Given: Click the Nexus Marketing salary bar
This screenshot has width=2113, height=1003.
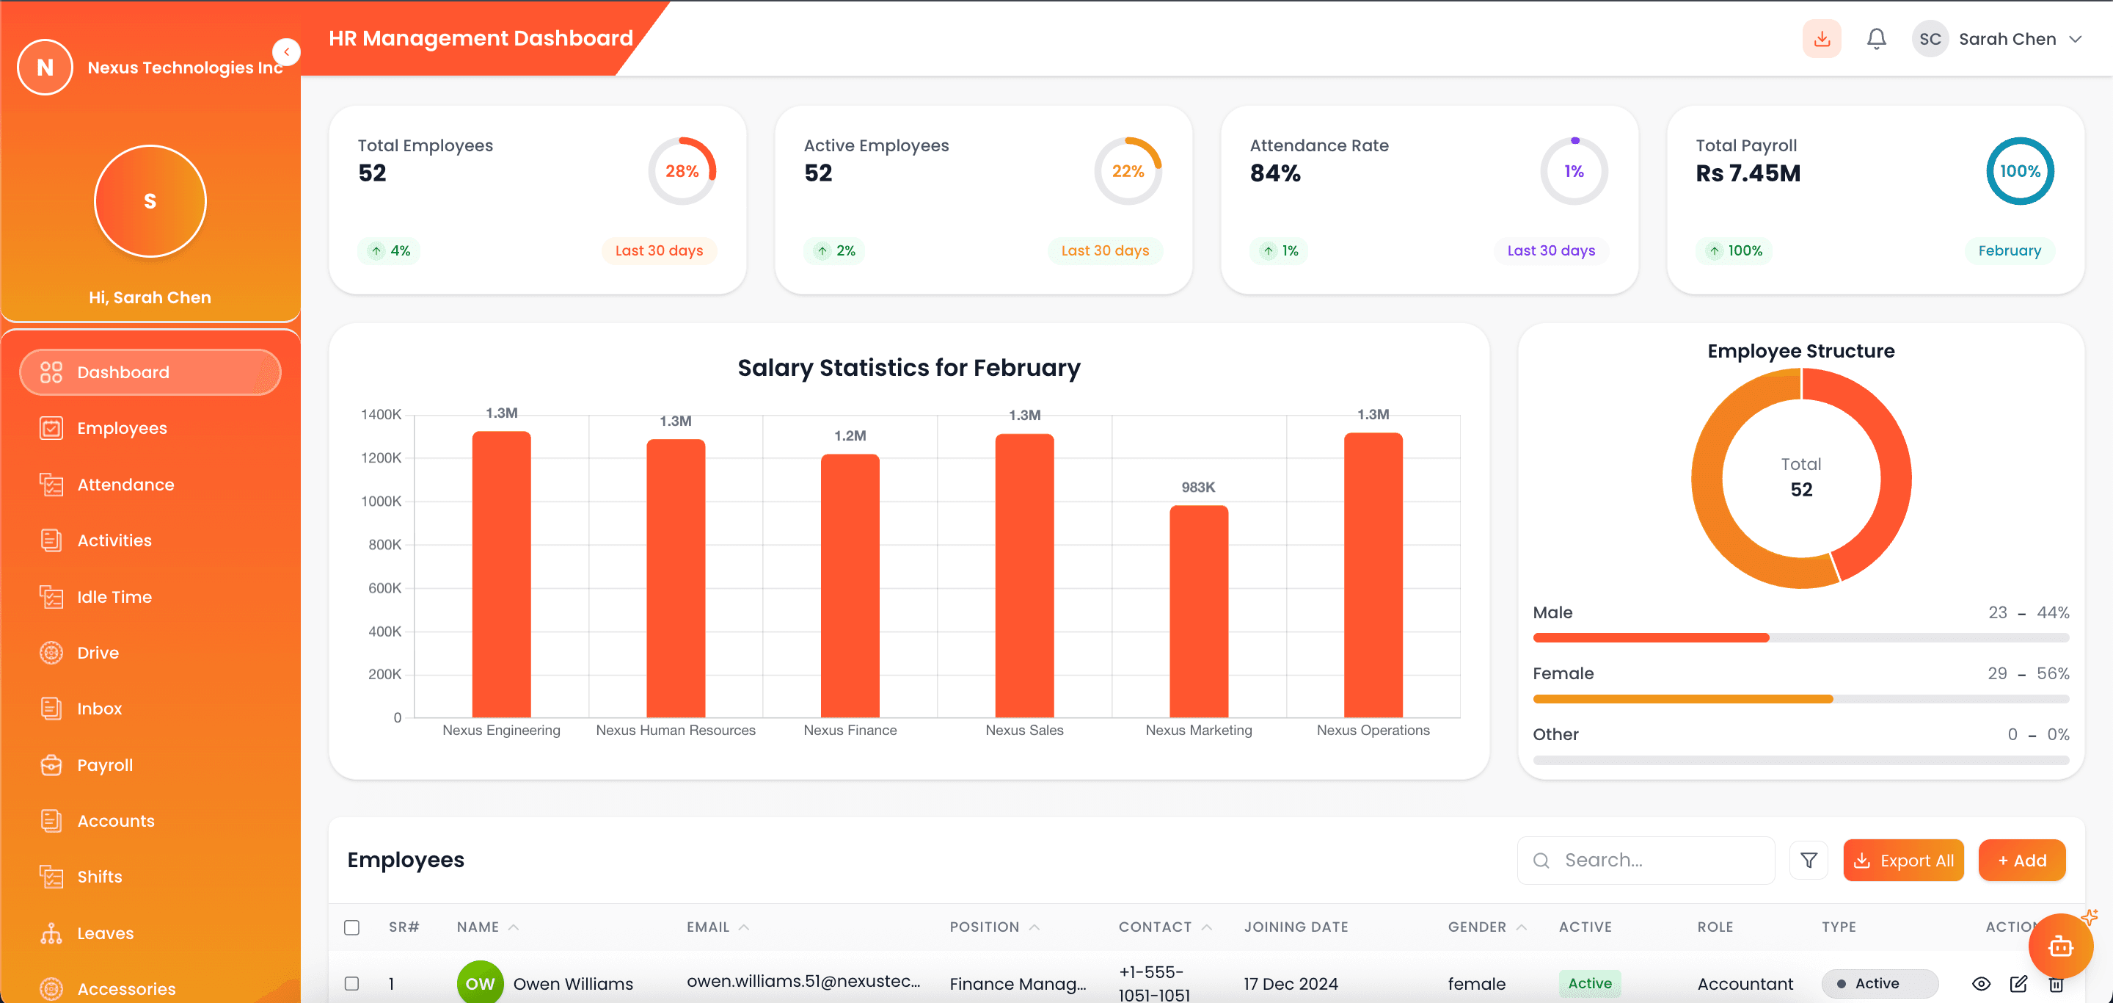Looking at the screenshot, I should pyautogui.click(x=1198, y=612).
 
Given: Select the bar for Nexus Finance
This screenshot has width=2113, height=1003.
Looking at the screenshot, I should pyautogui.click(x=850, y=586).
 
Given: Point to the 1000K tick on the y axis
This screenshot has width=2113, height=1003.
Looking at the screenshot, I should pyautogui.click(x=381, y=501).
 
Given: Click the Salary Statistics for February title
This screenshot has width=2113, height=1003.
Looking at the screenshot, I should pyautogui.click(x=908, y=368).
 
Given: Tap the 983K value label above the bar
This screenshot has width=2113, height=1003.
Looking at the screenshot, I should pyautogui.click(x=1197, y=488).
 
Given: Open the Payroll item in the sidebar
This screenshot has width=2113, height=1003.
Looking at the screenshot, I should pyautogui.click(x=104, y=765).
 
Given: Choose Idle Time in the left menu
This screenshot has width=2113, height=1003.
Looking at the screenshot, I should pyautogui.click(x=114, y=597).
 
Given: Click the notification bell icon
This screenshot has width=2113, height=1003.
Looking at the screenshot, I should pyautogui.click(x=1876, y=39).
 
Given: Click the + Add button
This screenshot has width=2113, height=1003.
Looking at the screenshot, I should pyautogui.click(x=2021, y=860).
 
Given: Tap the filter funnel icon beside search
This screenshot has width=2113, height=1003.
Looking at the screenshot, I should pyautogui.click(x=1808, y=860).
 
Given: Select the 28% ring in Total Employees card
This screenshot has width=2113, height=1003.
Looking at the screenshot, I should pyautogui.click(x=682, y=171).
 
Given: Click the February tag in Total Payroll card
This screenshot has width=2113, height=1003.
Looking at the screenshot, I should pyautogui.click(x=2009, y=250).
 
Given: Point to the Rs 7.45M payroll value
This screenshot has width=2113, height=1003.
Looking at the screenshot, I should pyautogui.click(x=1747, y=173).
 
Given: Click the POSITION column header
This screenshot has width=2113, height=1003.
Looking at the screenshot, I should pyautogui.click(x=985, y=927).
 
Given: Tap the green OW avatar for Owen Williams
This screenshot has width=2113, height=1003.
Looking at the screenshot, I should pyautogui.click(x=480, y=982).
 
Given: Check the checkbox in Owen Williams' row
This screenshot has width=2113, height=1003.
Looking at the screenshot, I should pyautogui.click(x=352, y=982).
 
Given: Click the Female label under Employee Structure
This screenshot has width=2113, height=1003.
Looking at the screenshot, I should pyautogui.click(x=1563, y=673).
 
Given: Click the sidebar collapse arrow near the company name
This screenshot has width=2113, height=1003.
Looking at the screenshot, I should pyautogui.click(x=286, y=51).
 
